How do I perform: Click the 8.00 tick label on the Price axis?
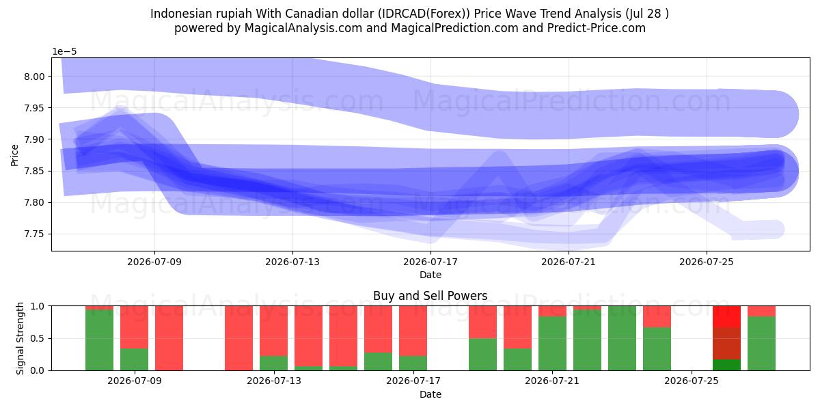point(34,77)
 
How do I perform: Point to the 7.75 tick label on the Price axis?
point(34,234)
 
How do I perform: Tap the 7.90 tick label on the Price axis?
point(34,139)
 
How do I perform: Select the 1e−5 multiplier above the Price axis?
point(64,52)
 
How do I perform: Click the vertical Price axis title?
point(14,155)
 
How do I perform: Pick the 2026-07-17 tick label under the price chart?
point(430,262)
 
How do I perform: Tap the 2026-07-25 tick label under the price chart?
point(707,262)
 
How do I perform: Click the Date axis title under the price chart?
point(430,275)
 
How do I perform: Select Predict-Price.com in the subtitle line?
point(597,28)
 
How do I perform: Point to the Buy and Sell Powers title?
point(430,296)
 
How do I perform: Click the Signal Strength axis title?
point(20,338)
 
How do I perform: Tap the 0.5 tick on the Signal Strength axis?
point(38,338)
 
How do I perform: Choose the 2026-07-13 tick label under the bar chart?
point(274,381)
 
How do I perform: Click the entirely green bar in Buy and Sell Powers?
point(623,338)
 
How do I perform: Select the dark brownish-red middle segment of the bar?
point(726,343)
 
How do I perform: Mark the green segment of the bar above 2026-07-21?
point(552,343)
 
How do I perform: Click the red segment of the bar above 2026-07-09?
point(135,327)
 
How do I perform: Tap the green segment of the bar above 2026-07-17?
point(413,363)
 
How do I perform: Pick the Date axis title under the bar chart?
point(430,395)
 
